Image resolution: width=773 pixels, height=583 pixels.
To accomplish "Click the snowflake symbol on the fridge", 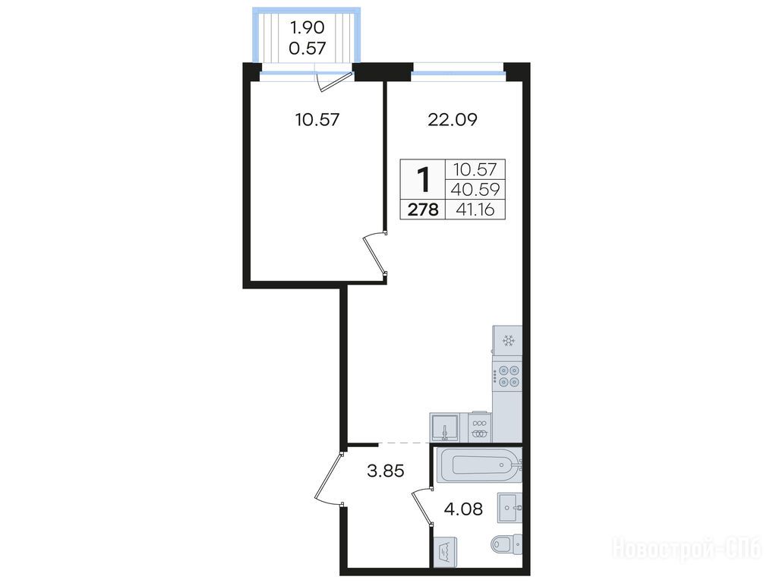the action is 508,341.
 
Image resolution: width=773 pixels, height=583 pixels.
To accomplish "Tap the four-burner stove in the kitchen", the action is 507,376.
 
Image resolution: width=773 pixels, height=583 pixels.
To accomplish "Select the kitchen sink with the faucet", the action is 445,427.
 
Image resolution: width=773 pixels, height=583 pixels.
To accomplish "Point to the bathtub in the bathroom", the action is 478,465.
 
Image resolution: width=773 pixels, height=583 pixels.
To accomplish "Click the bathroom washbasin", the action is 510,507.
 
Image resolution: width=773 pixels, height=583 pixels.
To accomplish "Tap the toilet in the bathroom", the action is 507,544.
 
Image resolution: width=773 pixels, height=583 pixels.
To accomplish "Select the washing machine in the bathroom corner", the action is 445,553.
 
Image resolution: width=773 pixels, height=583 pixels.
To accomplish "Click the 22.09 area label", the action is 453,120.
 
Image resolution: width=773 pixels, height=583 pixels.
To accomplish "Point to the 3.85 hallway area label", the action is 386,471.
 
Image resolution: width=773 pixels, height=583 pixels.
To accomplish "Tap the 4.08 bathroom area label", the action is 463,509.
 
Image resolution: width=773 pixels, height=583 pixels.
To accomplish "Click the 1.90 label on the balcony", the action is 307,27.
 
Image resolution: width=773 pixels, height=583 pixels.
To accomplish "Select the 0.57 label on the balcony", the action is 307,49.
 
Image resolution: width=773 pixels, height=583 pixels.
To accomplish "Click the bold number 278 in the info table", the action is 423,210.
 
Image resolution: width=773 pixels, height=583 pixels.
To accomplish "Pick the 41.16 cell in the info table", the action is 475,210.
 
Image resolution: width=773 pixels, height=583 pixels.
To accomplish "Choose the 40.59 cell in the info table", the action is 476,189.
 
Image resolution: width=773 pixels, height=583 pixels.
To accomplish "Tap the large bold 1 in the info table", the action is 423,180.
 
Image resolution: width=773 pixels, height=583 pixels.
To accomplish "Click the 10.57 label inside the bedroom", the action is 317,120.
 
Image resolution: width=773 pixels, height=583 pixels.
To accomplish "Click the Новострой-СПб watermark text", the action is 686,549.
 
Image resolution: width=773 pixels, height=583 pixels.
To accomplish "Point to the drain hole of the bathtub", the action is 502,465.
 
